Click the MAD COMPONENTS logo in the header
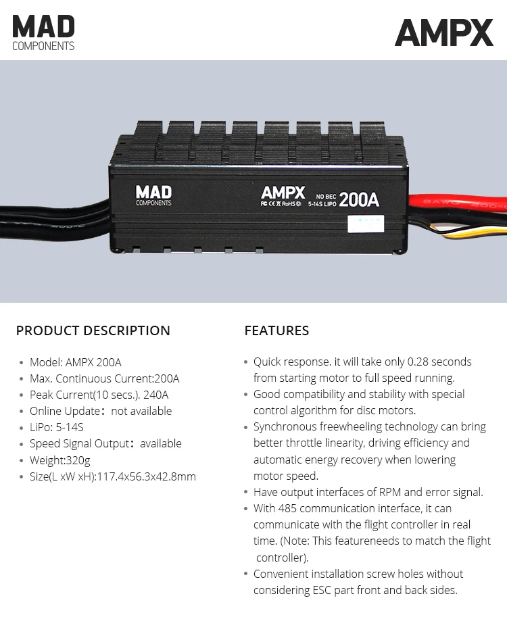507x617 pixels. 43,32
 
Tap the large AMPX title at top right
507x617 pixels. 443,32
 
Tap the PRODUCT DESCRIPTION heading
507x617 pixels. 93,330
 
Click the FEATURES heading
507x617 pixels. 276,330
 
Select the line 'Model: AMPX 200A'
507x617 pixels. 76,362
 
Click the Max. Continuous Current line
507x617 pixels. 105,378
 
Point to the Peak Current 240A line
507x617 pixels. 99,395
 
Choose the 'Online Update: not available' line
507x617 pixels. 101,411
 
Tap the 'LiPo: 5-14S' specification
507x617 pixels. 57,427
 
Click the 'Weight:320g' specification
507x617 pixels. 60,460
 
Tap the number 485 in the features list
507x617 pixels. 289,508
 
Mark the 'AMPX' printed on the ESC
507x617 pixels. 283,192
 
